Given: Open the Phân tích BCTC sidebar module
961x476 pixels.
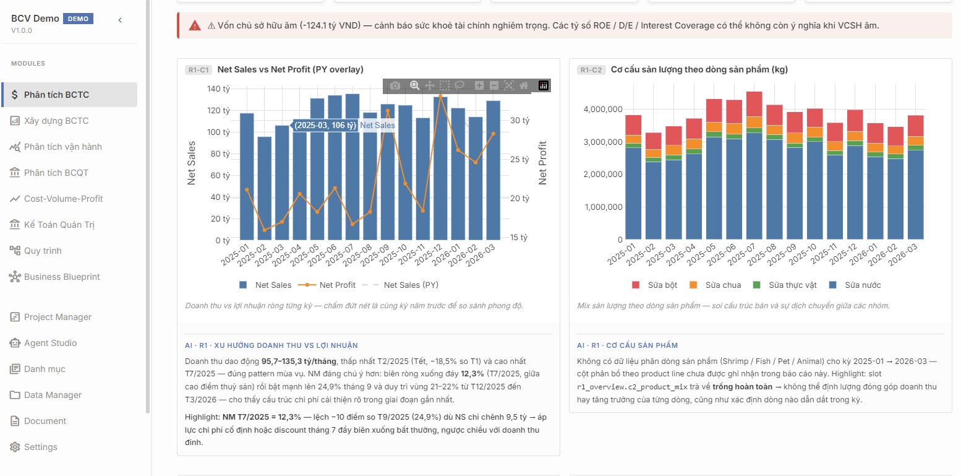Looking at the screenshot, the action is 56,95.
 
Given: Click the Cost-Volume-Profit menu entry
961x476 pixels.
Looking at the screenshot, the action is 63,199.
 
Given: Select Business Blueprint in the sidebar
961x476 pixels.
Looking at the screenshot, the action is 62,277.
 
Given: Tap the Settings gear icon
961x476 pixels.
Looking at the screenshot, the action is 15,447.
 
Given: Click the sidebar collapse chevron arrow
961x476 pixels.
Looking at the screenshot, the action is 120,20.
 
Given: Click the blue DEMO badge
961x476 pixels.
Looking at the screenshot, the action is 78,19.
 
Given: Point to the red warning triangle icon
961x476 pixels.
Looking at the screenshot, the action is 195,25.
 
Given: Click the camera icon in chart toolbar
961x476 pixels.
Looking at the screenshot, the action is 395,85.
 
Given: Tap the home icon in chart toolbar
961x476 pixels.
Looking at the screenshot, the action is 524,85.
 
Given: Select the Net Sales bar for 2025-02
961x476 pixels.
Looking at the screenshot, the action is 264,188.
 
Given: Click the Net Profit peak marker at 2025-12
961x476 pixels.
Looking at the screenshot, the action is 440,96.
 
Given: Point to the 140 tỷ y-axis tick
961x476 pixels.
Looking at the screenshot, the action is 219,89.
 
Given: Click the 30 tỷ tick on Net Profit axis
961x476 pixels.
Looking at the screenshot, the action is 519,120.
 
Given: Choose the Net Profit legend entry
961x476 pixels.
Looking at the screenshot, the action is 327,285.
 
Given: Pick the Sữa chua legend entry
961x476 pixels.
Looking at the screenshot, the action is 715,285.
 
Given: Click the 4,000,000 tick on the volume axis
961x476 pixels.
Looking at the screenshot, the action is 603,109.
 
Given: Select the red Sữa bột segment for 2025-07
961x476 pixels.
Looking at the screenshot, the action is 754,104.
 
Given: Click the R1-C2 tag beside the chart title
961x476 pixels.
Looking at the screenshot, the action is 591,69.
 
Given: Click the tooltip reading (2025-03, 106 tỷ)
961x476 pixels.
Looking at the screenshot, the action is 325,126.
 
